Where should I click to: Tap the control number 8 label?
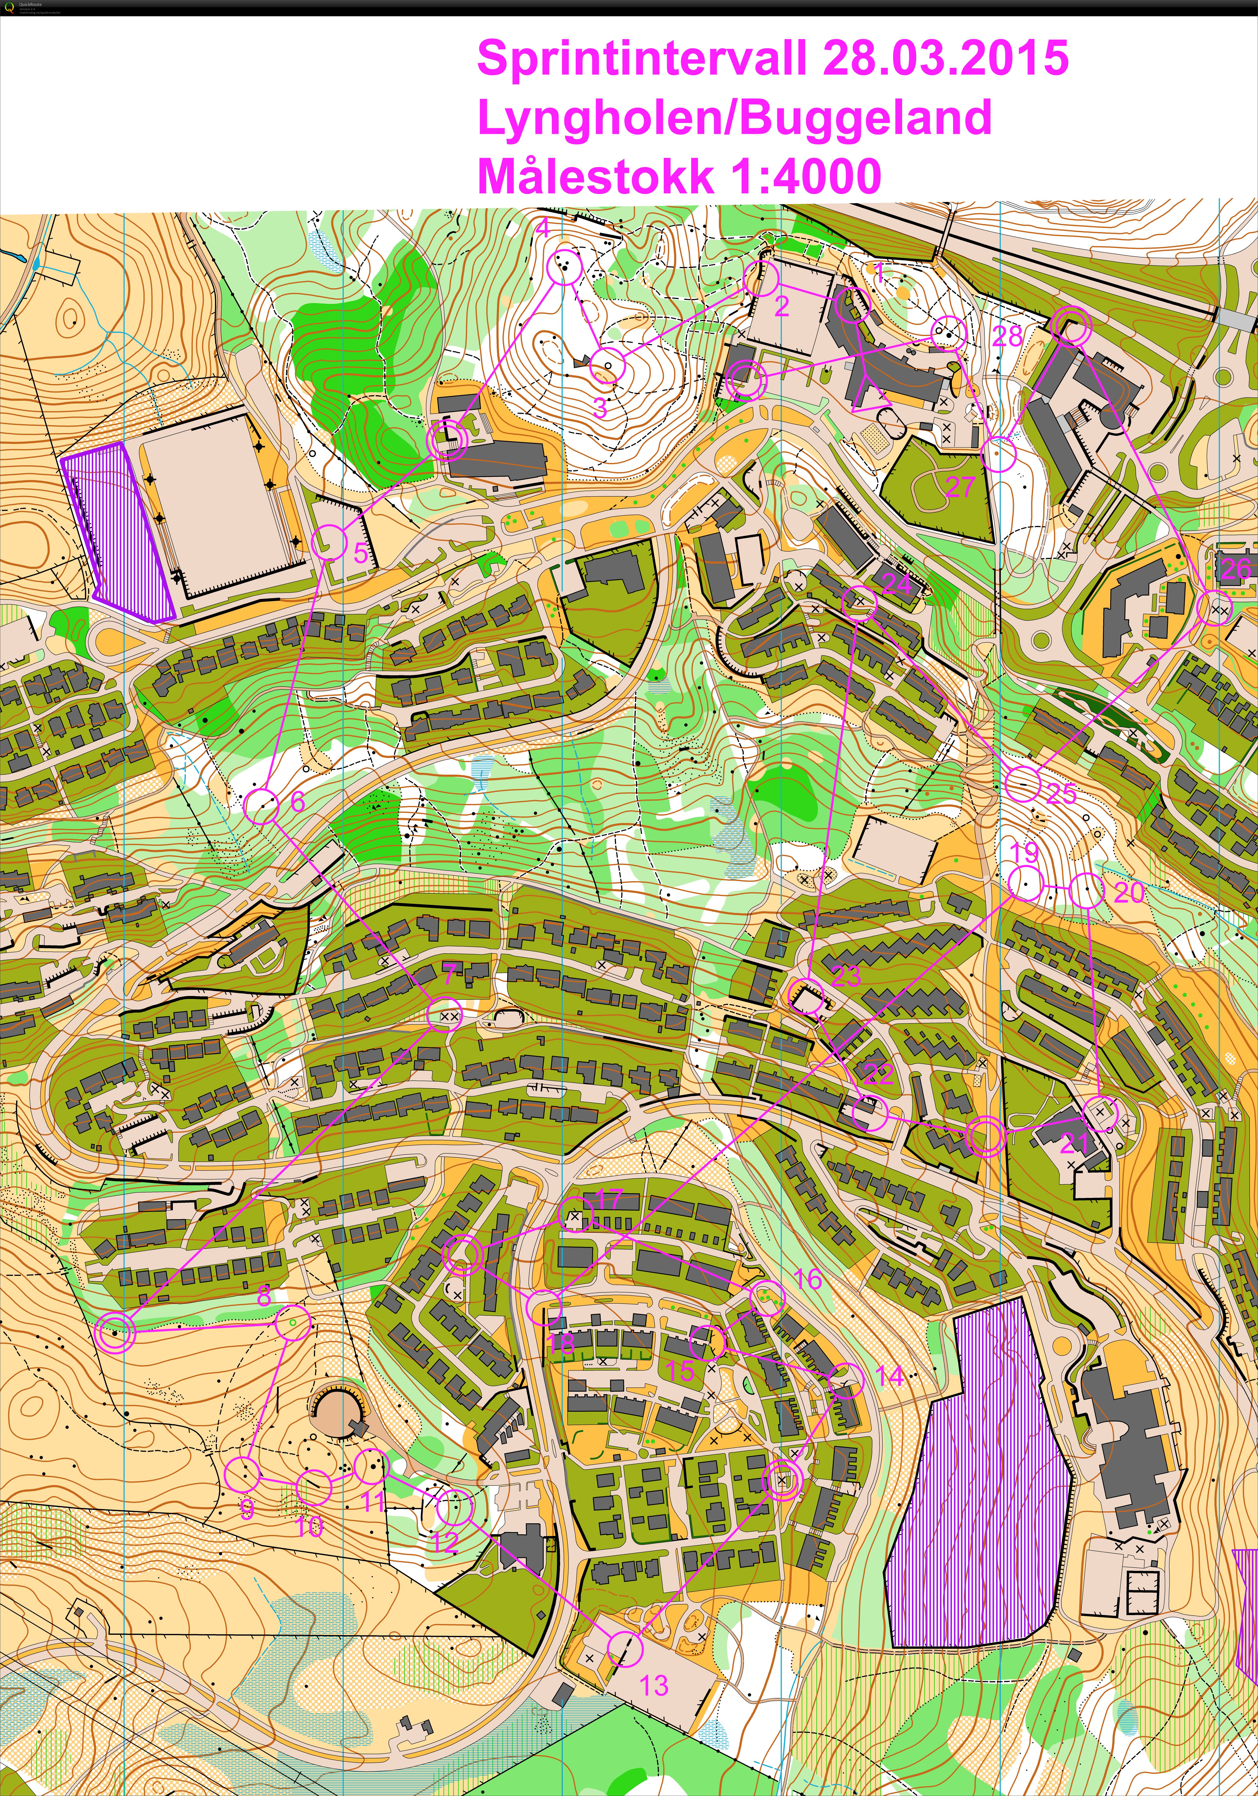pyautogui.click(x=264, y=1296)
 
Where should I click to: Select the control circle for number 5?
pyautogui.click(x=330, y=541)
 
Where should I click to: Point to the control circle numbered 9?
pyautogui.click(x=242, y=1475)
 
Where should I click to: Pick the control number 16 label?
pyautogui.click(x=808, y=1280)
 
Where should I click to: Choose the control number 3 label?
pyautogui.click(x=600, y=408)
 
